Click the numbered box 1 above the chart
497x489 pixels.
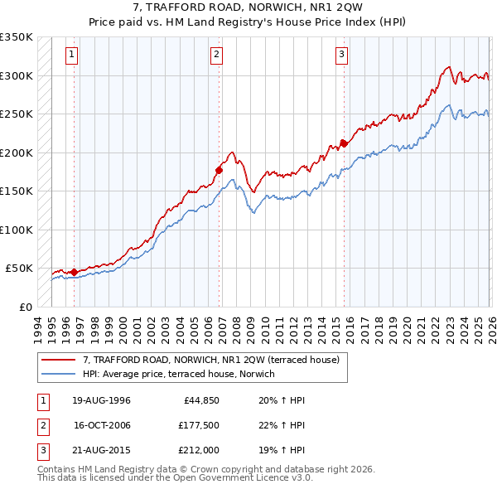[x=72, y=56]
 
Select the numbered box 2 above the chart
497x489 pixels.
[x=216, y=56]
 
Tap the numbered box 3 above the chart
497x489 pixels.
[x=341, y=56]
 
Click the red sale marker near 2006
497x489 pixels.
[x=220, y=170]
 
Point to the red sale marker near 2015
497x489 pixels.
[x=344, y=143]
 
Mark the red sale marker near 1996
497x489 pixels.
[x=75, y=272]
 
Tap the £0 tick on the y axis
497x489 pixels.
[x=25, y=307]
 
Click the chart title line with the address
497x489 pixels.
[x=248, y=8]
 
